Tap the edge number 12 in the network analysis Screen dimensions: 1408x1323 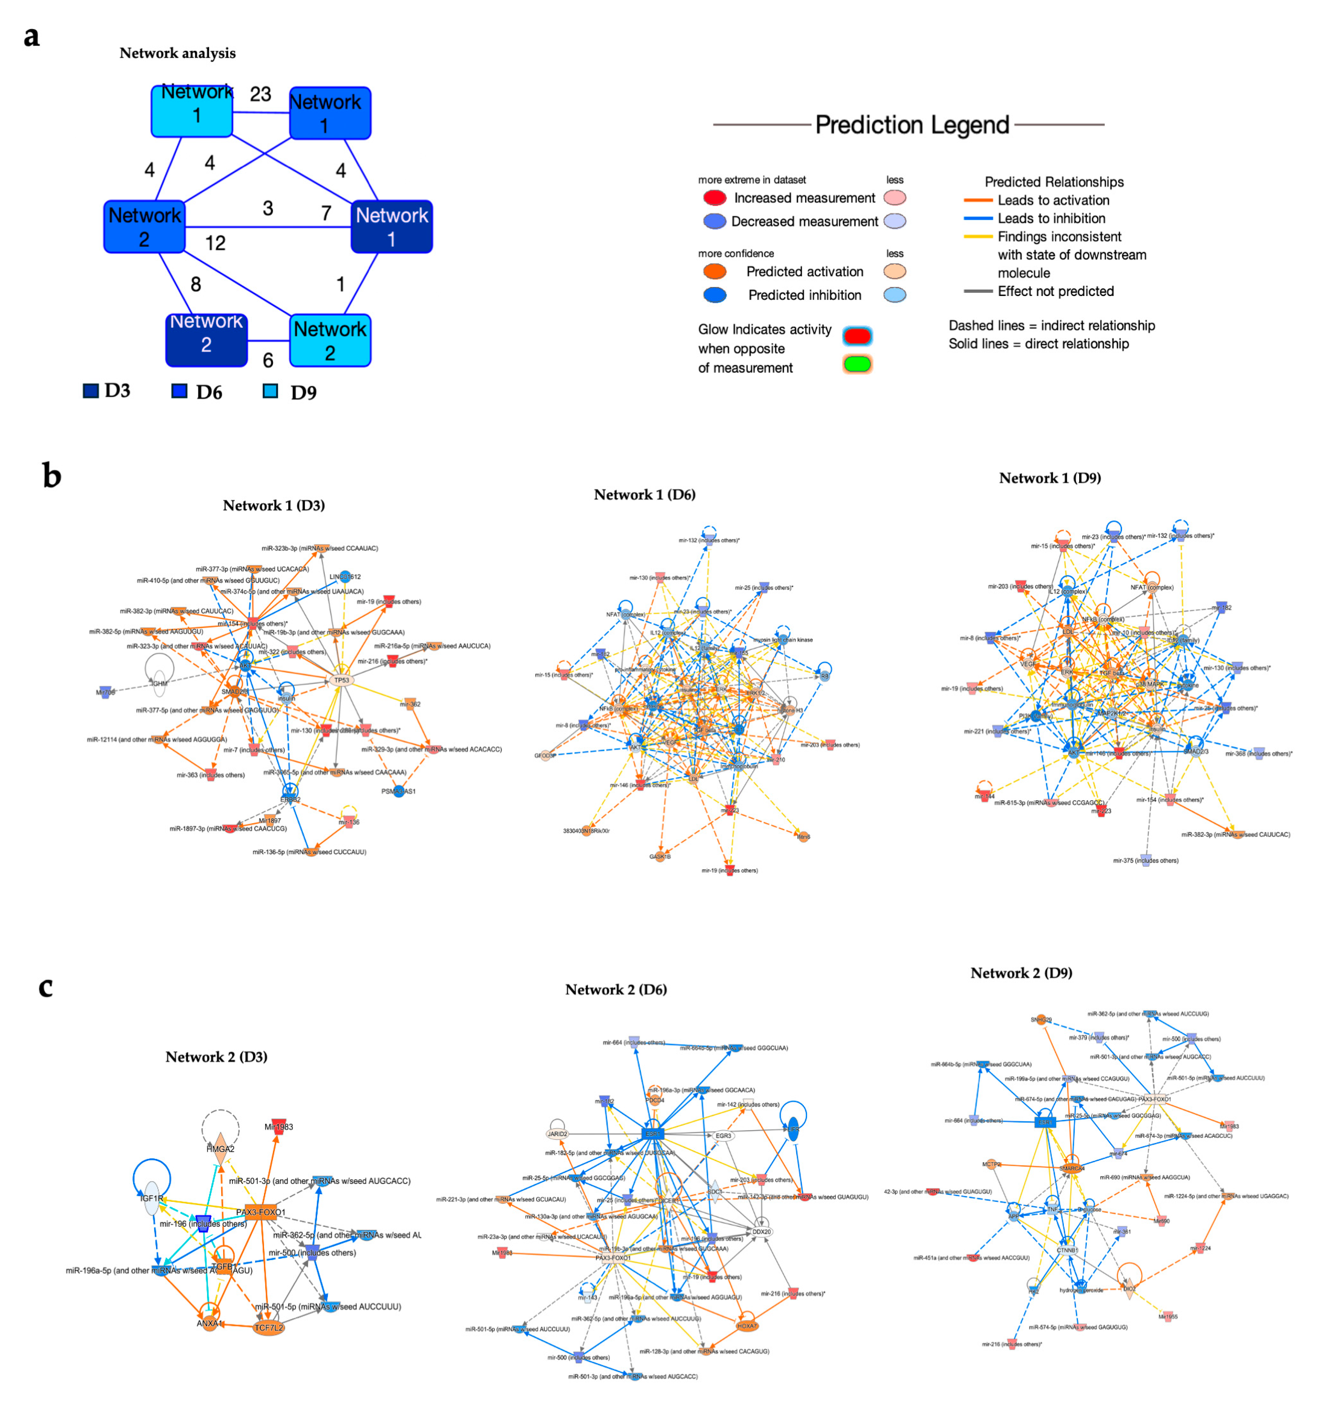[x=215, y=243]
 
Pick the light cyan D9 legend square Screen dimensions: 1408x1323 [x=270, y=391]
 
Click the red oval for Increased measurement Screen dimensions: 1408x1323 [x=714, y=198]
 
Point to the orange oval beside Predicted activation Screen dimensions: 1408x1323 [x=714, y=271]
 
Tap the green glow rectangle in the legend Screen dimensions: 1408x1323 [x=857, y=364]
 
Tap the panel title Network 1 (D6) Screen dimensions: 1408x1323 [x=645, y=495]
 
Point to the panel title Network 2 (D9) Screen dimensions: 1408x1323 [x=1021, y=972]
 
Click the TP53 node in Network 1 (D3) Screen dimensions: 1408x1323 [x=341, y=680]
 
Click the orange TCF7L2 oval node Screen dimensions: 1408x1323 [x=268, y=1327]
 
